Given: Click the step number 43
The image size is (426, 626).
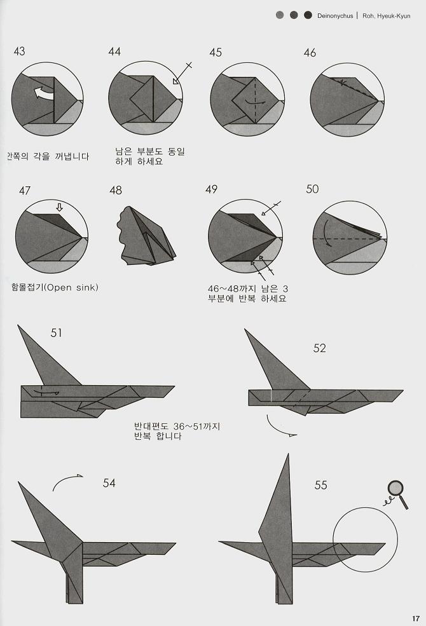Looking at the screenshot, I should click(x=19, y=51).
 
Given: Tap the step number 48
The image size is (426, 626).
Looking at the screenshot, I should click(x=116, y=190).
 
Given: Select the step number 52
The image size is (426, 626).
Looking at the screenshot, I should click(x=319, y=348).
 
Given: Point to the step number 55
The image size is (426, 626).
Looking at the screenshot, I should click(x=320, y=485).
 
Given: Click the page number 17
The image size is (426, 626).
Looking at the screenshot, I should click(x=415, y=618).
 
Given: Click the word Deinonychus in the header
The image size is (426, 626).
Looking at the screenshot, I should click(x=336, y=15).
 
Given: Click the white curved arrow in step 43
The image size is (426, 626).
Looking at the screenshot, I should click(x=43, y=94).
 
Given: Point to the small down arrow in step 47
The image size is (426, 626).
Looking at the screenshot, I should click(x=60, y=207).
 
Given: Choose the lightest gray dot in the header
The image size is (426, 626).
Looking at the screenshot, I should click(x=280, y=15).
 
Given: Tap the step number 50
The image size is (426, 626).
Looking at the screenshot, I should click(x=312, y=189).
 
